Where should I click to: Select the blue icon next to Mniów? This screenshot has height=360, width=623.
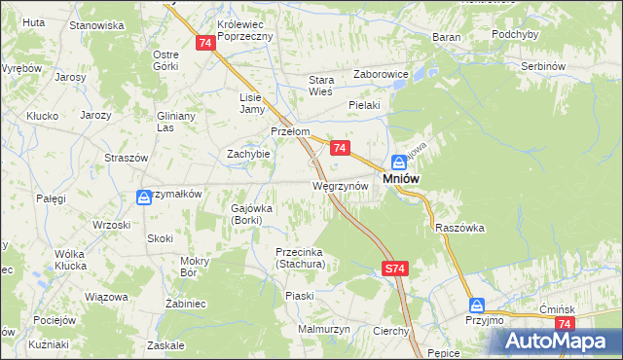(399, 162)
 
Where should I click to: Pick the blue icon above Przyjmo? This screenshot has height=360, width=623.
(475, 305)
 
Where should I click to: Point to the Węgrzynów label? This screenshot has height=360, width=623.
(340, 185)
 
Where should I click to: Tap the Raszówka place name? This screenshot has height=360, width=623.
(460, 227)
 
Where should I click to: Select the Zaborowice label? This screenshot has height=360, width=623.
(381, 72)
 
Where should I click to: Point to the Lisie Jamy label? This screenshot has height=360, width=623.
(252, 102)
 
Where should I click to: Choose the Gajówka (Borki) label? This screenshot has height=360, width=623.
(252, 213)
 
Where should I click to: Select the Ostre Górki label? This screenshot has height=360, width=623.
(165, 60)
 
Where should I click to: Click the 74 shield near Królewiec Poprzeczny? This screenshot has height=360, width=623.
(204, 44)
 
